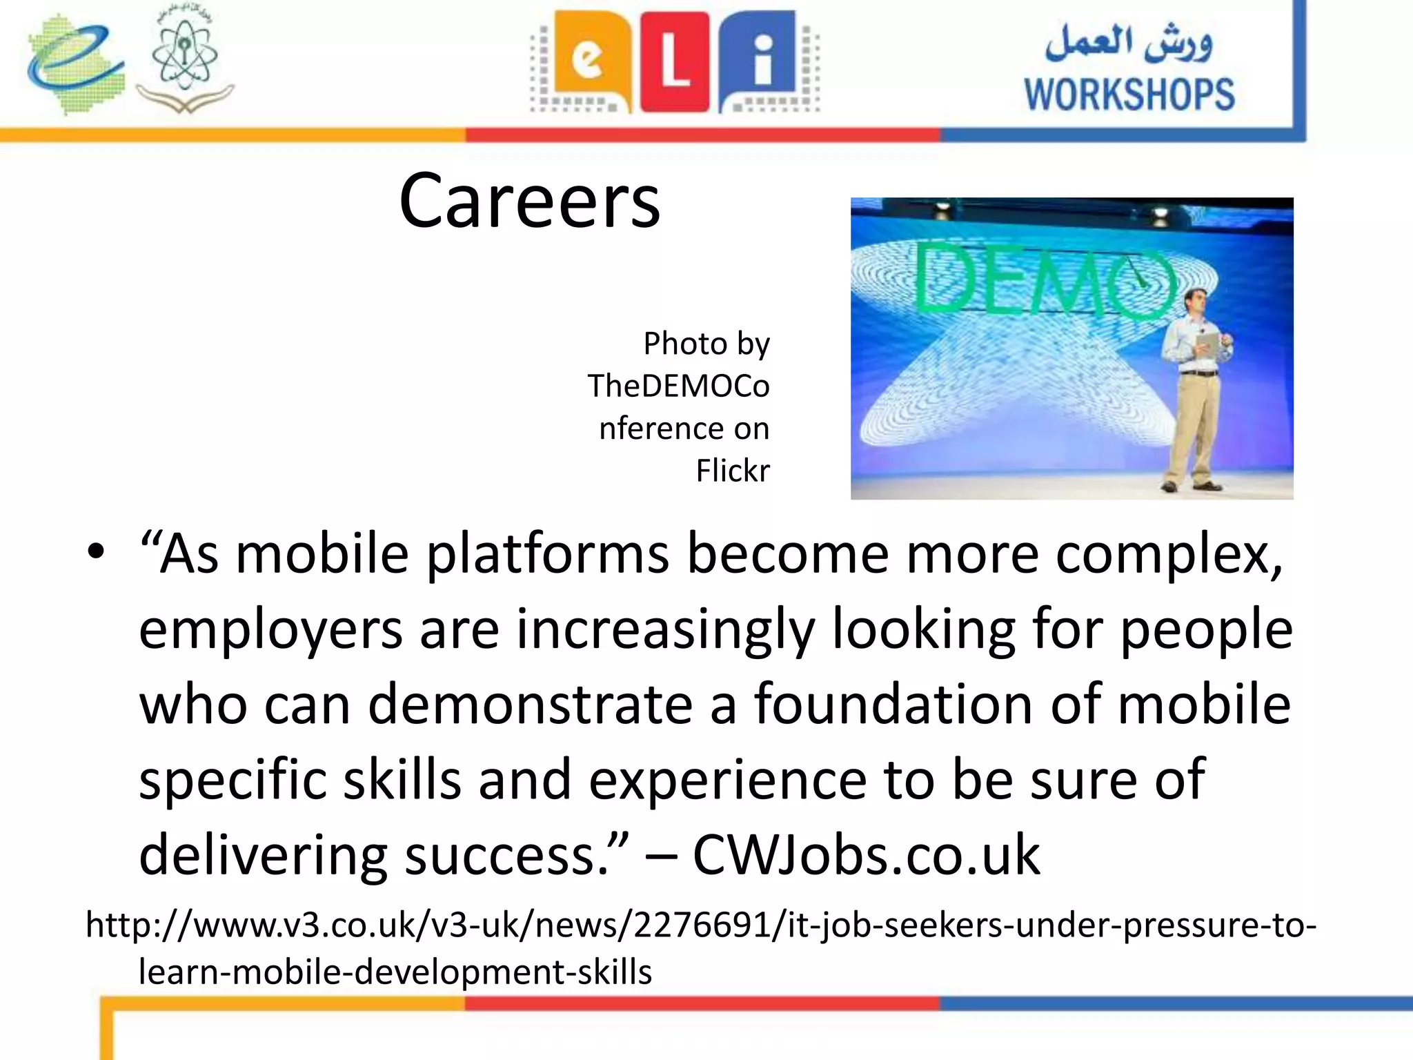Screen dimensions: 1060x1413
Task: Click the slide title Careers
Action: click(529, 201)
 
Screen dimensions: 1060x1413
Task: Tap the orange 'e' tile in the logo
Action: click(589, 61)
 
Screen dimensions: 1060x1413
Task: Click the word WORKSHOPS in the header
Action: click(1129, 95)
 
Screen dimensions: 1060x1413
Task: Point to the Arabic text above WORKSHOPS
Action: click(1129, 43)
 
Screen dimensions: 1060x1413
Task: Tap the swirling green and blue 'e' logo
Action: click(75, 63)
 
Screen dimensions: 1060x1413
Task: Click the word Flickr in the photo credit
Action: click(732, 471)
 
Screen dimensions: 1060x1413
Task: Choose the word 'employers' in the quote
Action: click(270, 631)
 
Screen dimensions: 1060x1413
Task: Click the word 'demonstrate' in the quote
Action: click(530, 705)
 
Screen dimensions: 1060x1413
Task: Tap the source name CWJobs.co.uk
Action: click(866, 855)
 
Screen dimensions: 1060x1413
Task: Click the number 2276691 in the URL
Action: click(709, 925)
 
